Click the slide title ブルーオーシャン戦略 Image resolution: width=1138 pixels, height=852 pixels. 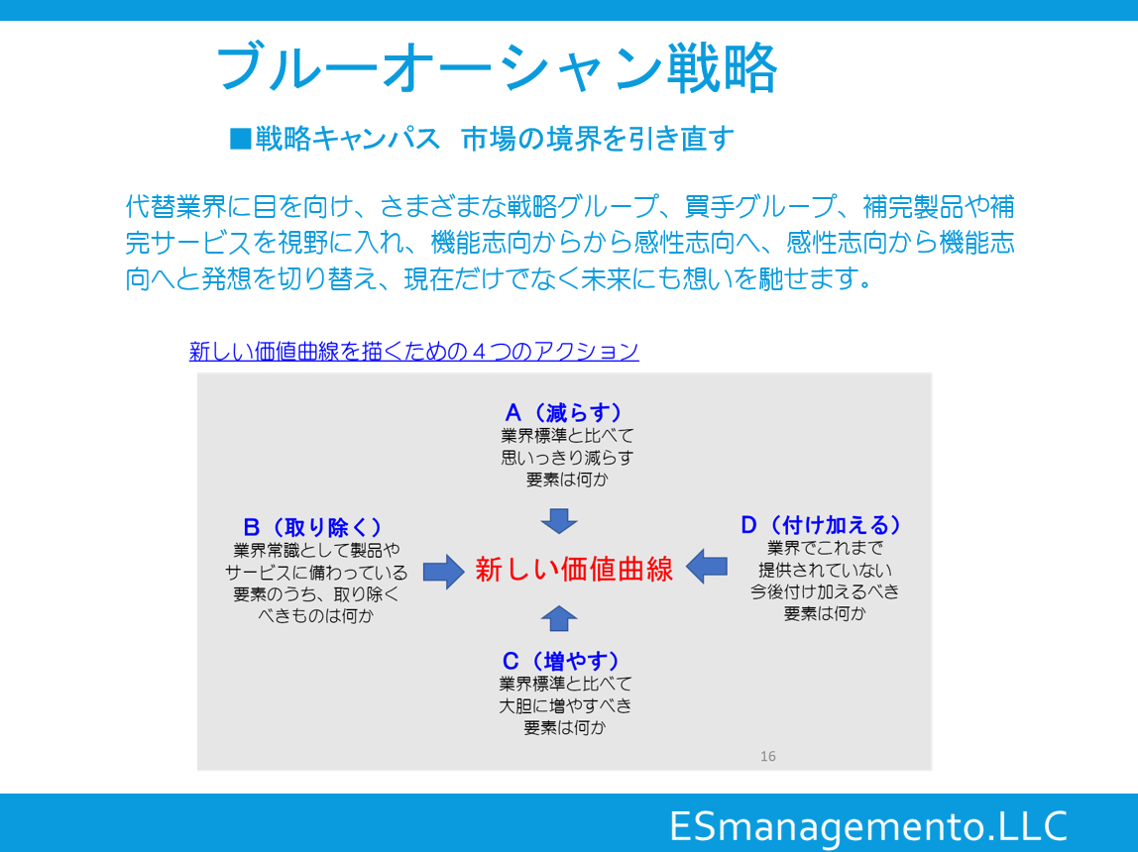498,68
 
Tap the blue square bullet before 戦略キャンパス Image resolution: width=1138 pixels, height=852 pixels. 240,139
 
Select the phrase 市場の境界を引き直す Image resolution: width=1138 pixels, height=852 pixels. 598,139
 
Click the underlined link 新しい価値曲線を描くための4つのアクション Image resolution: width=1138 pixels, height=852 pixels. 413,351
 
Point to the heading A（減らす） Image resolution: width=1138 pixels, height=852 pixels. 564,412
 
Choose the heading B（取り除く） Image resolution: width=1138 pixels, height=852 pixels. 313,527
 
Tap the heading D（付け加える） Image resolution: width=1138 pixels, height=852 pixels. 822,524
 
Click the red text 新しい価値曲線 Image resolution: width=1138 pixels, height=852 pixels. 574,570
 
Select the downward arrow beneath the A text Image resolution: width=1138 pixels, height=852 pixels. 559,521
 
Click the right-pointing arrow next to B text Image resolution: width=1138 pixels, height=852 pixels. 443,572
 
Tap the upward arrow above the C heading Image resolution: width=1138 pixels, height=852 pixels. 559,618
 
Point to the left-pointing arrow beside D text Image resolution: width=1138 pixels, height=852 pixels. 706,567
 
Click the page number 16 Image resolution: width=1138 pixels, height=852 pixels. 768,756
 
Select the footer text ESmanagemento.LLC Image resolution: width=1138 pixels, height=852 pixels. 868,826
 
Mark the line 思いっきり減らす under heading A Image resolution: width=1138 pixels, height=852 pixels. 567,458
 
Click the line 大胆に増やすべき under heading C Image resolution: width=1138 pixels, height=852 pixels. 565,705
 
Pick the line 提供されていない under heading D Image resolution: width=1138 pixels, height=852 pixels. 825,570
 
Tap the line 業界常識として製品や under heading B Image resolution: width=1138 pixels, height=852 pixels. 316,551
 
